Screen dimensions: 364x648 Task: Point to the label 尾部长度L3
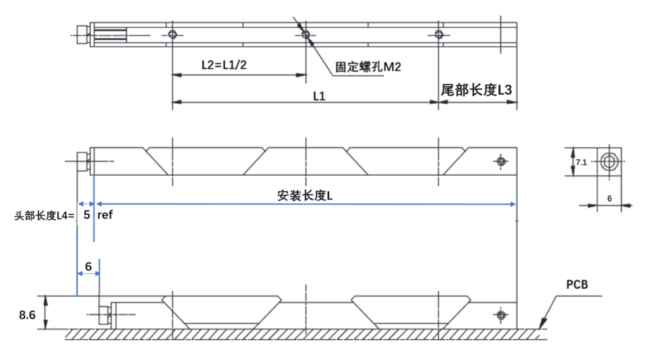click(x=477, y=90)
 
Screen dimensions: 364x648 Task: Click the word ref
click(x=105, y=215)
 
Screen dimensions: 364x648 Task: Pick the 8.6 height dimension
click(x=27, y=314)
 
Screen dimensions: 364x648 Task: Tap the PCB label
click(x=576, y=285)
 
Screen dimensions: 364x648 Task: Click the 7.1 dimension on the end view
click(x=580, y=162)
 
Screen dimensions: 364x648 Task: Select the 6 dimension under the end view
click(x=609, y=198)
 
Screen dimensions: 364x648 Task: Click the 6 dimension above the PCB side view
click(x=88, y=267)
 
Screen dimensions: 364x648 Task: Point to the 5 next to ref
click(x=87, y=215)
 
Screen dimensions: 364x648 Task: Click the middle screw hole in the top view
click(x=305, y=34)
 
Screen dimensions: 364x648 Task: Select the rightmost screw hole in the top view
click(x=438, y=34)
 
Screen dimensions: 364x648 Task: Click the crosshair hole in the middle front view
click(x=501, y=162)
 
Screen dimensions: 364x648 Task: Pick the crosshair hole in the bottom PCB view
click(x=501, y=315)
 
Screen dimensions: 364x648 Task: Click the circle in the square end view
click(x=608, y=161)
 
